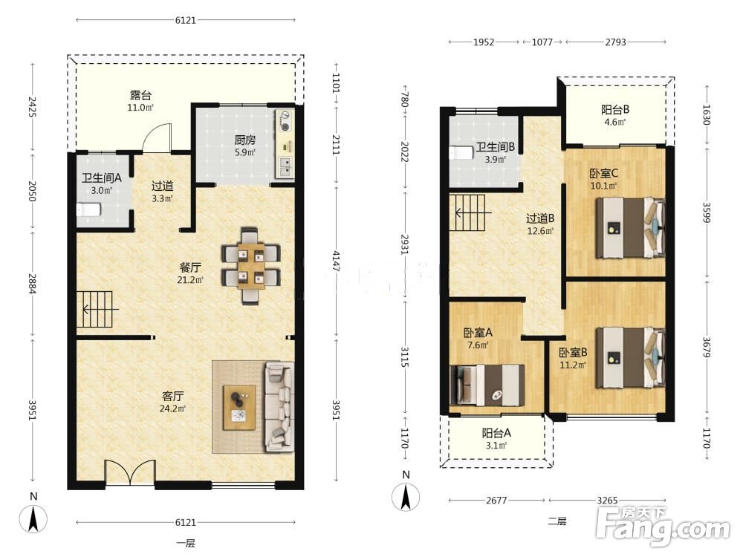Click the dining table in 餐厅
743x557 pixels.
251,266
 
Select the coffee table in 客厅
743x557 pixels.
240,407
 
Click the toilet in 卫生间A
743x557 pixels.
88,209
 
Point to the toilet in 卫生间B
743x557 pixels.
461,152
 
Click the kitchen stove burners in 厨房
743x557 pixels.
285,121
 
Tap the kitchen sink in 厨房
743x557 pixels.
285,167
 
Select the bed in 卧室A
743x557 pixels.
487,385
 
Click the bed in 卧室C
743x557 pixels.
630,228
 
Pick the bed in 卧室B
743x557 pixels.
630,358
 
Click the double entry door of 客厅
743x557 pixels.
130,472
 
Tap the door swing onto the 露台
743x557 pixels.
157,138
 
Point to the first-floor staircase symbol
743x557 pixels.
95,309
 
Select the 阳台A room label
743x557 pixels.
496,434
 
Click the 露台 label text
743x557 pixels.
140,95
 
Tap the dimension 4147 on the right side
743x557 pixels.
336,261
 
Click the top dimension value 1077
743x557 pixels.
542,42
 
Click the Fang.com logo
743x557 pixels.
663,525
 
